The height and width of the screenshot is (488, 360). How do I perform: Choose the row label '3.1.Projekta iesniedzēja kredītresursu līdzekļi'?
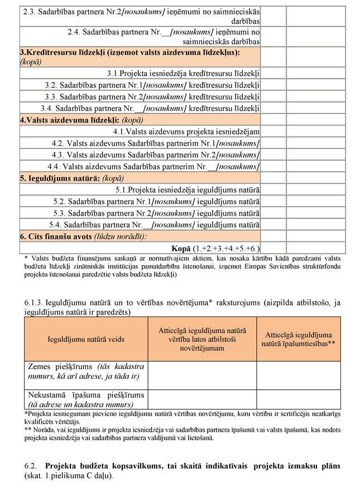184,73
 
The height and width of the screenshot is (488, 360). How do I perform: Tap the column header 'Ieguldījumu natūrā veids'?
85,339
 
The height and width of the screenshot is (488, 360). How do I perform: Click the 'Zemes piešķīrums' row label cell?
85,372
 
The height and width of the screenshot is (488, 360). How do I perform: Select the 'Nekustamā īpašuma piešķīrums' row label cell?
85,400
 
